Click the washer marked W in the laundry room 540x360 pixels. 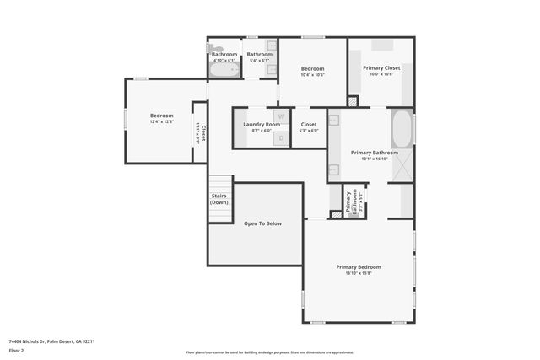281,116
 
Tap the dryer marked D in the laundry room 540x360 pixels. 281,137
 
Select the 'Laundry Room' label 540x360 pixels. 262,125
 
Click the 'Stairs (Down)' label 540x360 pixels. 219,199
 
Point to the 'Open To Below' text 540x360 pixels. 262,223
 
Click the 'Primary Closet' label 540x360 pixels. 381,67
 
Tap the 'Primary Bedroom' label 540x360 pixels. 359,267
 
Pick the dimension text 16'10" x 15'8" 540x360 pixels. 359,273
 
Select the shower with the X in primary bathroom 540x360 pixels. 402,164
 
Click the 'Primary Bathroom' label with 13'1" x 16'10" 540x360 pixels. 374,153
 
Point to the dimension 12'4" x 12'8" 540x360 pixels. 161,122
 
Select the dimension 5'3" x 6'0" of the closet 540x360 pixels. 309,131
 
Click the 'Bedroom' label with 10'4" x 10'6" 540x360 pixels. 312,68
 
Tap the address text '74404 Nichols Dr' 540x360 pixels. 32,341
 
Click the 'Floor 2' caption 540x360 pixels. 17,350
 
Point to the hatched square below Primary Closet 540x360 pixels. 353,101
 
